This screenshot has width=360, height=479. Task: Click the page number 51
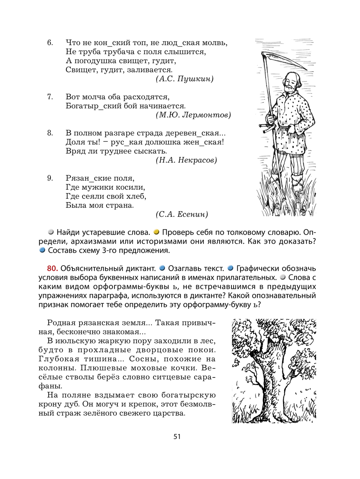(177, 437)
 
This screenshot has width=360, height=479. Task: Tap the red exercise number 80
(53, 268)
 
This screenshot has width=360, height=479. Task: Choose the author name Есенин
(193, 214)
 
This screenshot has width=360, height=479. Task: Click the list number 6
(50, 43)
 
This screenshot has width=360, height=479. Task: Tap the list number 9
(50, 178)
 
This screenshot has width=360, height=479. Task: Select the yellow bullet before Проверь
(156, 232)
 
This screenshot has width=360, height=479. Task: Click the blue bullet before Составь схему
(42, 250)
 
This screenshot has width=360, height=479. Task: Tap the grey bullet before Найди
(51, 232)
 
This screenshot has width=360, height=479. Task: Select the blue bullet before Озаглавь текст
(162, 268)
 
